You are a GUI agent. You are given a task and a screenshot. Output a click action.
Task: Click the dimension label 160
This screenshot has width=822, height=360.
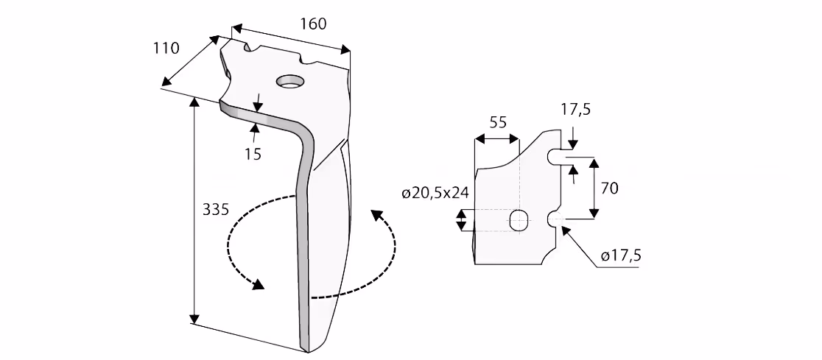point(314,24)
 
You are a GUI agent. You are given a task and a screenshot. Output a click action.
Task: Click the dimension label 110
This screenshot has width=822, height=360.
point(166,48)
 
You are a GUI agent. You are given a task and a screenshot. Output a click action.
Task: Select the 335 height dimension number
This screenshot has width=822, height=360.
point(216,209)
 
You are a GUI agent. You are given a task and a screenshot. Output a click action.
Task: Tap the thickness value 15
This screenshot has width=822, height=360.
point(253,154)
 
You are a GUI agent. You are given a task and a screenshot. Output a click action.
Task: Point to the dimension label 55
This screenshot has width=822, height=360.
point(498,122)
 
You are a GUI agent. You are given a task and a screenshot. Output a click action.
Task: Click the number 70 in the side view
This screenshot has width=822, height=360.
point(610,188)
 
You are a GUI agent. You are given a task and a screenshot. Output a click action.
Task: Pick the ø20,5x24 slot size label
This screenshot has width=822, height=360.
point(435,194)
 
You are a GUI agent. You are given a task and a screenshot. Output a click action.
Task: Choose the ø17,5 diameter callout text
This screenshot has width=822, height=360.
point(622,255)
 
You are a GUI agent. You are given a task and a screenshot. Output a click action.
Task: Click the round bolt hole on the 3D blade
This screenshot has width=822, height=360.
point(290,81)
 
